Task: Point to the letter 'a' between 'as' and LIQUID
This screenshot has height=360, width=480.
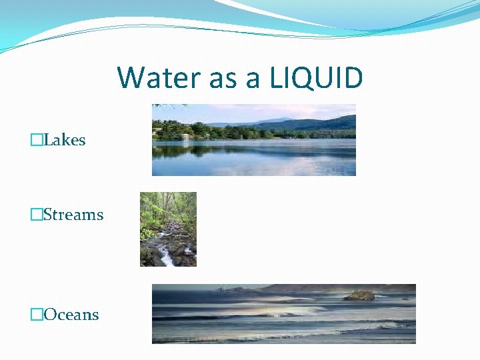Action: [253, 80]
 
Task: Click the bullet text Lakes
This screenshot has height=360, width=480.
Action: [65, 140]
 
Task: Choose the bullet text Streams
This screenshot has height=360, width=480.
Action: [73, 215]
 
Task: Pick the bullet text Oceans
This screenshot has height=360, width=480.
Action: [71, 315]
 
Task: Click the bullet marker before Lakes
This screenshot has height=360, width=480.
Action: [37, 140]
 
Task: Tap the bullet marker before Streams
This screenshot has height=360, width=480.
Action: [37, 215]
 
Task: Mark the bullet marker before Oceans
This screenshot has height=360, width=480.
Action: [37, 315]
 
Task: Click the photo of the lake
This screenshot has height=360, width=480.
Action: [253, 140]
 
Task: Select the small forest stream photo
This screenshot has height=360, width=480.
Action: [168, 229]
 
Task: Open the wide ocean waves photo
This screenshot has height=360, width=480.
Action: [283, 314]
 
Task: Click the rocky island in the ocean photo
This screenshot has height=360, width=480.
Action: [360, 295]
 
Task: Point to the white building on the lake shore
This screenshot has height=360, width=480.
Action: [185, 136]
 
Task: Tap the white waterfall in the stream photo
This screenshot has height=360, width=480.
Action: [166, 257]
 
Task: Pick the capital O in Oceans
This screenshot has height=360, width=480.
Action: [50, 315]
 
